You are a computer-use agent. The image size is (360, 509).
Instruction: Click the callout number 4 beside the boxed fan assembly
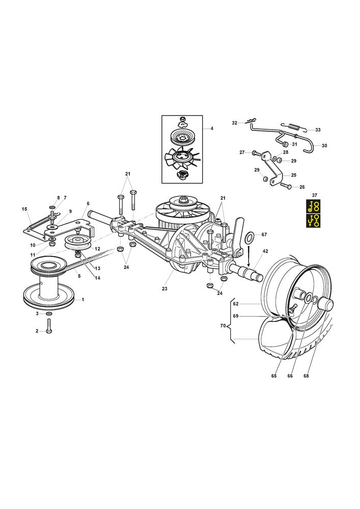click(212, 129)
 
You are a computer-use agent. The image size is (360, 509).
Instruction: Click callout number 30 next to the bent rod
click(324, 146)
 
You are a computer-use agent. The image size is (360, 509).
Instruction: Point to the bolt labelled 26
click(286, 187)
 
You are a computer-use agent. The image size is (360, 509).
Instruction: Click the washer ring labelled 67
click(251, 237)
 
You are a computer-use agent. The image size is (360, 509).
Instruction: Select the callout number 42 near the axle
click(265, 251)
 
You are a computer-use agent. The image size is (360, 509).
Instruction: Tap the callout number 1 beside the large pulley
click(83, 299)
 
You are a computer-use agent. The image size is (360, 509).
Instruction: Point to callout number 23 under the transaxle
click(164, 289)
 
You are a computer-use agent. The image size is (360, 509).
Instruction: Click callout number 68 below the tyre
click(307, 376)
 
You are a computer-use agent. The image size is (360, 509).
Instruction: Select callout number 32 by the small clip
click(235, 123)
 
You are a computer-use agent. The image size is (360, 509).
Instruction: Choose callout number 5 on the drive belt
click(79, 275)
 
